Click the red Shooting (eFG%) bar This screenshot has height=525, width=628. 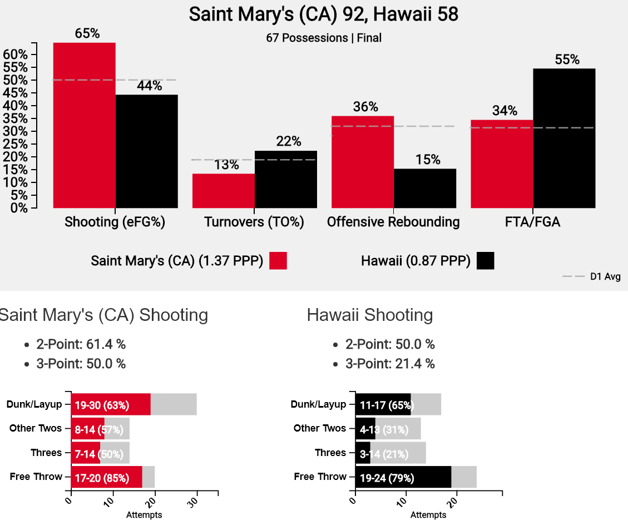84,125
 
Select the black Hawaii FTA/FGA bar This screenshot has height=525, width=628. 564,138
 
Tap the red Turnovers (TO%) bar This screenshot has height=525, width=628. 223,191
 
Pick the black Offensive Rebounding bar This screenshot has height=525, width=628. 425,188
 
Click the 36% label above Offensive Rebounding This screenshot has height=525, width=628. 365,107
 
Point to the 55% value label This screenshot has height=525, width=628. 567,60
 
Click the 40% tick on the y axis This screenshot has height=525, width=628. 16,106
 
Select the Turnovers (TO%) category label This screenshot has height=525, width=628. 254,222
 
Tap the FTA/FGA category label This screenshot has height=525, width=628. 533,222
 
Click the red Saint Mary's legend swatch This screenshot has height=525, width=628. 278,261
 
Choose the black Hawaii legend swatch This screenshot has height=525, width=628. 485,261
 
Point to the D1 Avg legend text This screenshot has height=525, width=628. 605,276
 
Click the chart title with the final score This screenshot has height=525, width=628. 324,14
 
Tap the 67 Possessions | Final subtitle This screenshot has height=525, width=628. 324,38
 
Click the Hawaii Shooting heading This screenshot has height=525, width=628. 369,315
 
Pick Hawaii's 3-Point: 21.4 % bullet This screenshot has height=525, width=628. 390,364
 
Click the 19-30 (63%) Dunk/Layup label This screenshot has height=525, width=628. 102,404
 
